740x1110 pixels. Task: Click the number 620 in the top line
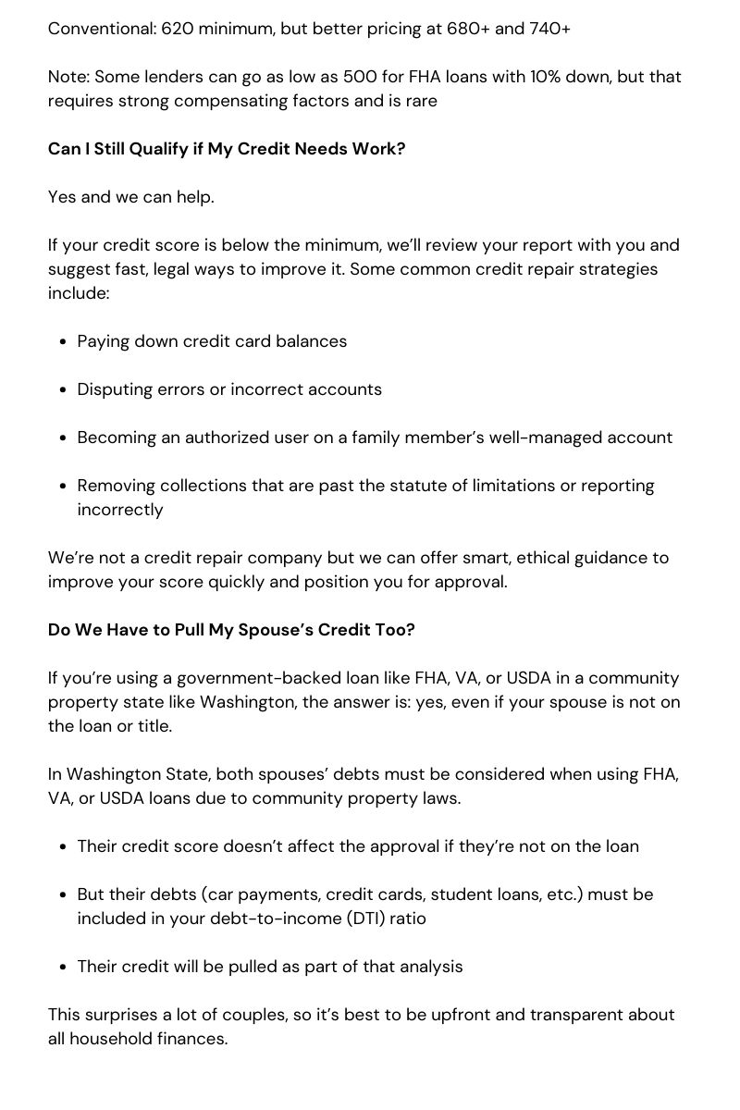pyautogui.click(x=178, y=29)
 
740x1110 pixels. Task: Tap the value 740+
pyautogui.click(x=549, y=29)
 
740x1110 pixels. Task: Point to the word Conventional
pyautogui.click(x=101, y=29)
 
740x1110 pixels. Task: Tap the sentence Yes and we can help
pyautogui.click(x=130, y=197)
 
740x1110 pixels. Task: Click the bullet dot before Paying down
pyautogui.click(x=62, y=341)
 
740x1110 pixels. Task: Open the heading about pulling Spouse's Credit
pyautogui.click(x=231, y=630)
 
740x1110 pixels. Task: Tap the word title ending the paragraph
pyautogui.click(x=154, y=726)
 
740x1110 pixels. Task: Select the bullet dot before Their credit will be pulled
pyautogui.click(x=62, y=967)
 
